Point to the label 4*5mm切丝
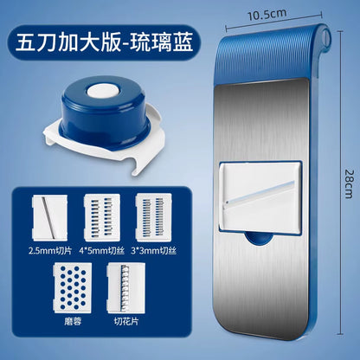pyautogui.click(x=101, y=251)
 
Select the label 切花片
pyautogui.click(x=127, y=325)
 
